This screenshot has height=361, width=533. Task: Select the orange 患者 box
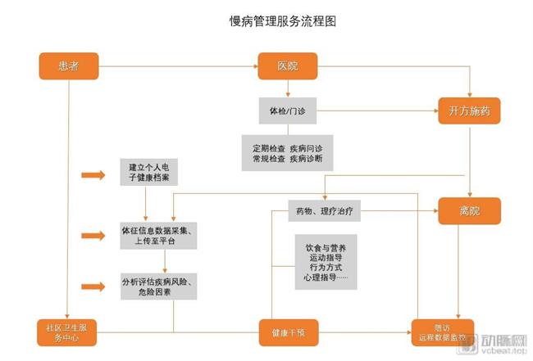pos(70,65)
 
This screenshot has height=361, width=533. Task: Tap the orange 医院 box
pos(287,65)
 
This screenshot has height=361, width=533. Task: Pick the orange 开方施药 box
pos(469,111)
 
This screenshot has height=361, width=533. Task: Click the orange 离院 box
pos(469,210)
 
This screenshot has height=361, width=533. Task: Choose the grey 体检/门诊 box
pos(287,111)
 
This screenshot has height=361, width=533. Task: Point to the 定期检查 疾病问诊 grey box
pos(287,152)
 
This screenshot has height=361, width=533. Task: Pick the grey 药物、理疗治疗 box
pos(323,210)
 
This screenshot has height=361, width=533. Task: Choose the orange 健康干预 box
pos(287,333)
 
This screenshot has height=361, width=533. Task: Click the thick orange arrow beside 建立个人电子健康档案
pos(94,174)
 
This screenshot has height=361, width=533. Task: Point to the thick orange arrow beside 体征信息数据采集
pos(94,236)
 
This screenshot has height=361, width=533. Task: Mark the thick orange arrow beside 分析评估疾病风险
pos(94,286)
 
